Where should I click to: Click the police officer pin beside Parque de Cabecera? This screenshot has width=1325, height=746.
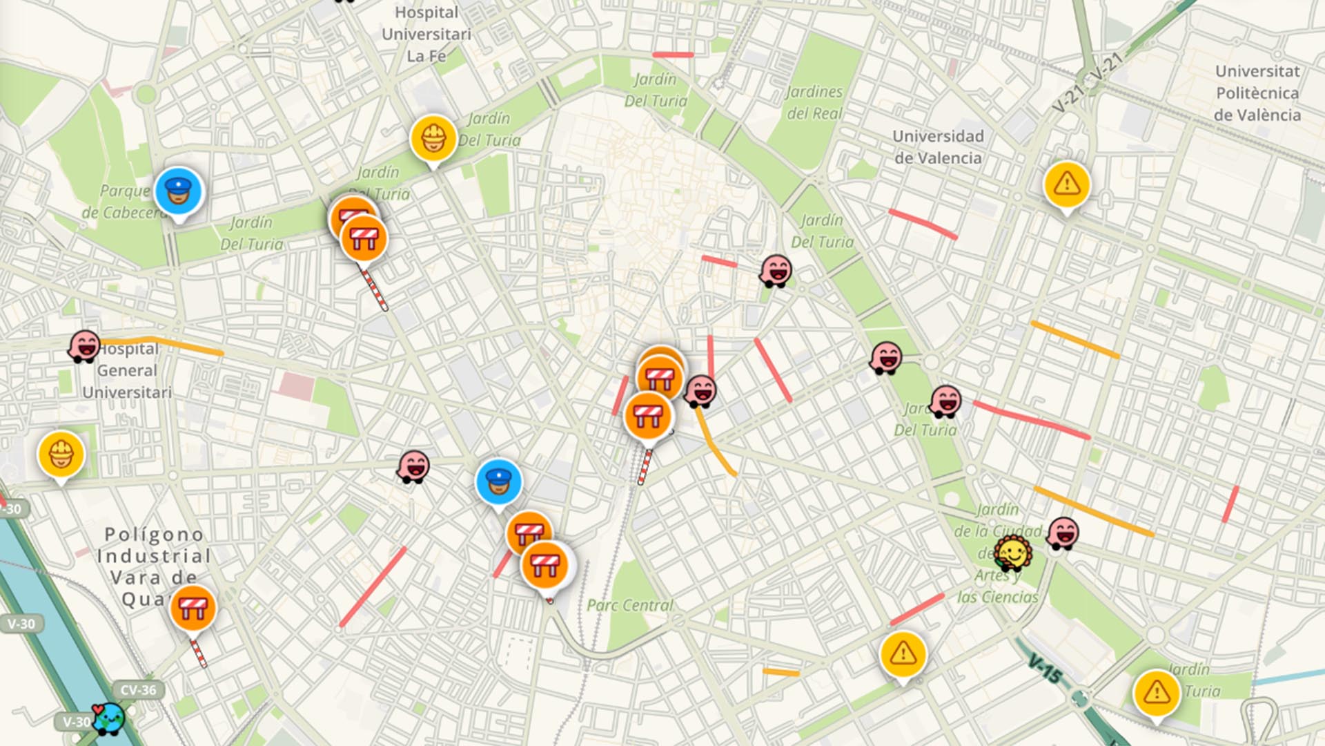(178, 191)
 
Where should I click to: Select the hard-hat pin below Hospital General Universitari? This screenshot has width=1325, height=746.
(61, 455)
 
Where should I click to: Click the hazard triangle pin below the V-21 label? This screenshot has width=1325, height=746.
(1067, 184)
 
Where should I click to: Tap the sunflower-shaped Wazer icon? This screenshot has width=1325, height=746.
(1013, 554)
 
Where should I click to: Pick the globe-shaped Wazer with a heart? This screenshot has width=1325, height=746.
(108, 718)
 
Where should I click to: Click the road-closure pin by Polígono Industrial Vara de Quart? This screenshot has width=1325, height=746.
(193, 609)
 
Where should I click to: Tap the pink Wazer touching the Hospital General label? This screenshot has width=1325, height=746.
(84, 345)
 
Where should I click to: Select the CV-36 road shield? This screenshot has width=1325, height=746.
(138, 690)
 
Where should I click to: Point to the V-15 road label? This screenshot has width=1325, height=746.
(1045, 669)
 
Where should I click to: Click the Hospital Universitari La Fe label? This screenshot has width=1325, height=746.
(426, 34)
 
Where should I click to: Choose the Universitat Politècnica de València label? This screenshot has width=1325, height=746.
(1257, 93)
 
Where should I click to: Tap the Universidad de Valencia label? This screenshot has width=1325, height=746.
(938, 147)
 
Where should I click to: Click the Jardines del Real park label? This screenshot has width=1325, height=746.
(814, 102)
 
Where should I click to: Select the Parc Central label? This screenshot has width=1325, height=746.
(629, 606)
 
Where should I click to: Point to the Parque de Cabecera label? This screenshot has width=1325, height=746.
(124, 202)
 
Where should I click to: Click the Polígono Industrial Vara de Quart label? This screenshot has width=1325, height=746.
(153, 566)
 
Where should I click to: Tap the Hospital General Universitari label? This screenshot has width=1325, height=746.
(127, 370)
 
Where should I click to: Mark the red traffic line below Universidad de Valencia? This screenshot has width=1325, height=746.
(923, 224)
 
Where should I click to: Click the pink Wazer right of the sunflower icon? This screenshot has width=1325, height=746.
(1063, 533)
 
